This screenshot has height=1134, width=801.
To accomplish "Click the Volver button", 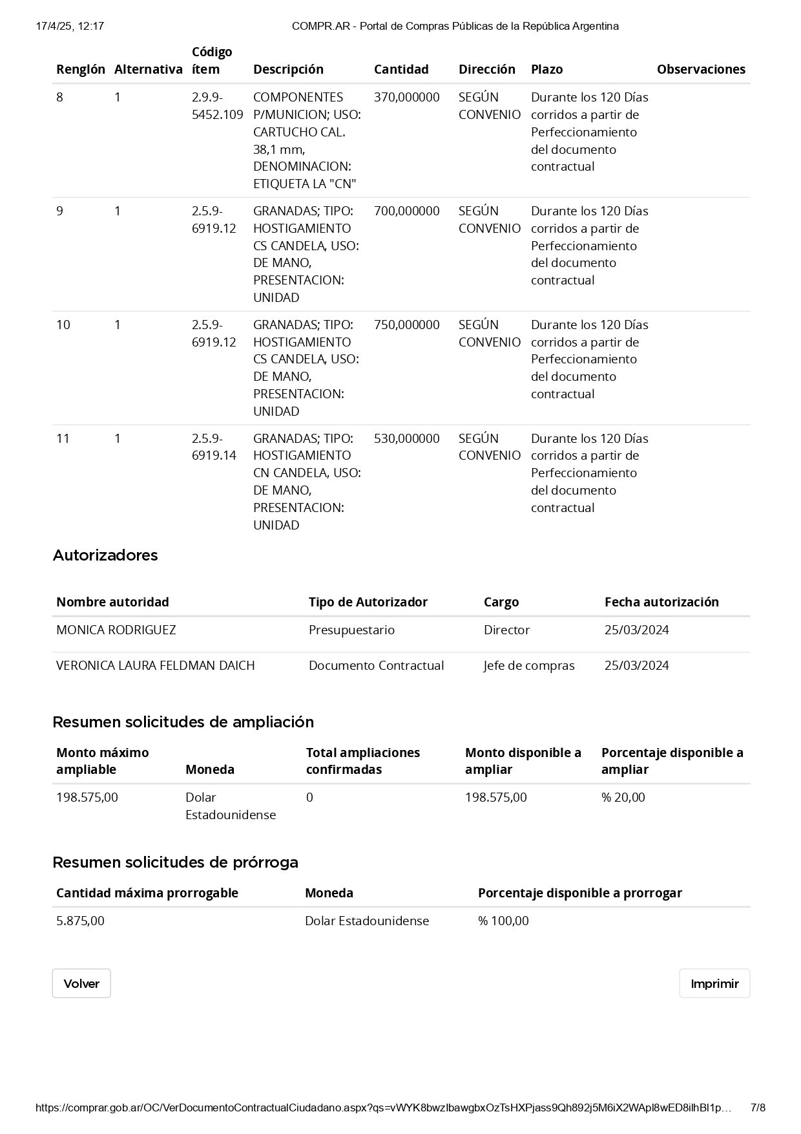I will [x=81, y=983].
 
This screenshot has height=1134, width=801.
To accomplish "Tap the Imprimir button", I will [x=714, y=983].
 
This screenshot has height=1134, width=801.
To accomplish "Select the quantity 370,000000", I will [x=406, y=97].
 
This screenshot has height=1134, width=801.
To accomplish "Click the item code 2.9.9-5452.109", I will [x=217, y=106].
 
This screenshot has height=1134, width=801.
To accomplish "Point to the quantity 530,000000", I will [x=406, y=438].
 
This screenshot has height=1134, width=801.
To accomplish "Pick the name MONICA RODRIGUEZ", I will [x=116, y=630].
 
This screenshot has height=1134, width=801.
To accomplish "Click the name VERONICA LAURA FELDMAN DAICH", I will [x=156, y=665].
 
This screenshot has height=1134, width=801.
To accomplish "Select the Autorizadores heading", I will [x=105, y=555].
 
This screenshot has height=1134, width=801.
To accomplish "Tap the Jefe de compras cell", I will [x=529, y=665].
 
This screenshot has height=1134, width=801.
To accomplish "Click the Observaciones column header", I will [x=701, y=69].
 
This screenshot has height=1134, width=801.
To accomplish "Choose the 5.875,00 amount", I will [x=80, y=921].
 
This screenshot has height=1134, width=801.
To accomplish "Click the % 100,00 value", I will [x=503, y=921].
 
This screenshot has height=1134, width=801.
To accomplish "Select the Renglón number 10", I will [x=63, y=325].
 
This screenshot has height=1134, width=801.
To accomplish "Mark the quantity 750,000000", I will [x=406, y=325].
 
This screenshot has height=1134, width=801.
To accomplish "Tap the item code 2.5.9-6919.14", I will [x=214, y=447].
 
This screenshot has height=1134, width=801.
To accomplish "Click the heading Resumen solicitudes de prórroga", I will [x=175, y=862].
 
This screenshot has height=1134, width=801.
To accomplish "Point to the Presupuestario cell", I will [x=351, y=630].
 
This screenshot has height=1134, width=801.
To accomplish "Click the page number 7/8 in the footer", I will [x=758, y=1107].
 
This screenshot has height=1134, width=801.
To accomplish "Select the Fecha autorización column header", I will [x=661, y=602].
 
